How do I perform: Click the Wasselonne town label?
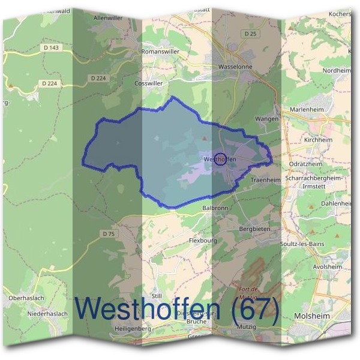point(236,67)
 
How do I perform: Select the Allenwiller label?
point(108,19)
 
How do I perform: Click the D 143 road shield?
point(52,47)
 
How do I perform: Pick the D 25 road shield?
point(251,34)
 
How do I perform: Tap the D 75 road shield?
point(108,233)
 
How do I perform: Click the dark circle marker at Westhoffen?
point(220,159)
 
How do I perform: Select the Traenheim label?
point(265,179)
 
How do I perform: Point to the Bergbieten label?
point(256,229)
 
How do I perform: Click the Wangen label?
point(267,119)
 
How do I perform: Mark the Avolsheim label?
point(328,266)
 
